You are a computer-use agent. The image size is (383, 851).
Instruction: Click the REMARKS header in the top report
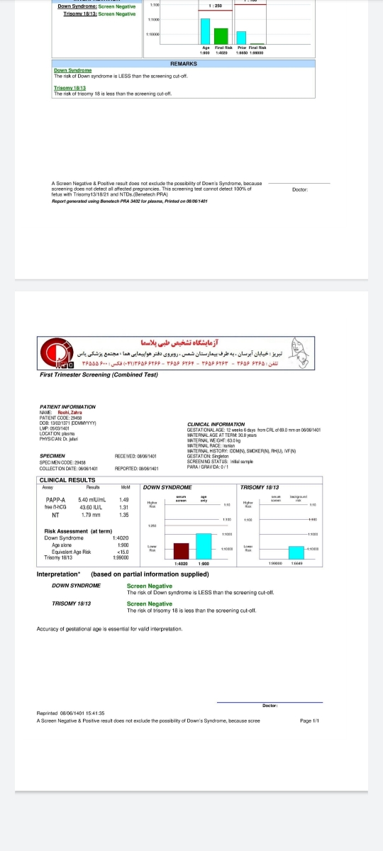click(184, 64)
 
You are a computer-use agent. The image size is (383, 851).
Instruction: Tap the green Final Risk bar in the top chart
click(221, 36)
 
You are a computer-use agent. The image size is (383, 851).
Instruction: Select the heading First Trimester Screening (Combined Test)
click(99, 375)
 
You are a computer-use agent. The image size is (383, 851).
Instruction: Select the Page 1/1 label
click(310, 721)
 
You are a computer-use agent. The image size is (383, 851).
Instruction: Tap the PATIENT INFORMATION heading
click(67, 406)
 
